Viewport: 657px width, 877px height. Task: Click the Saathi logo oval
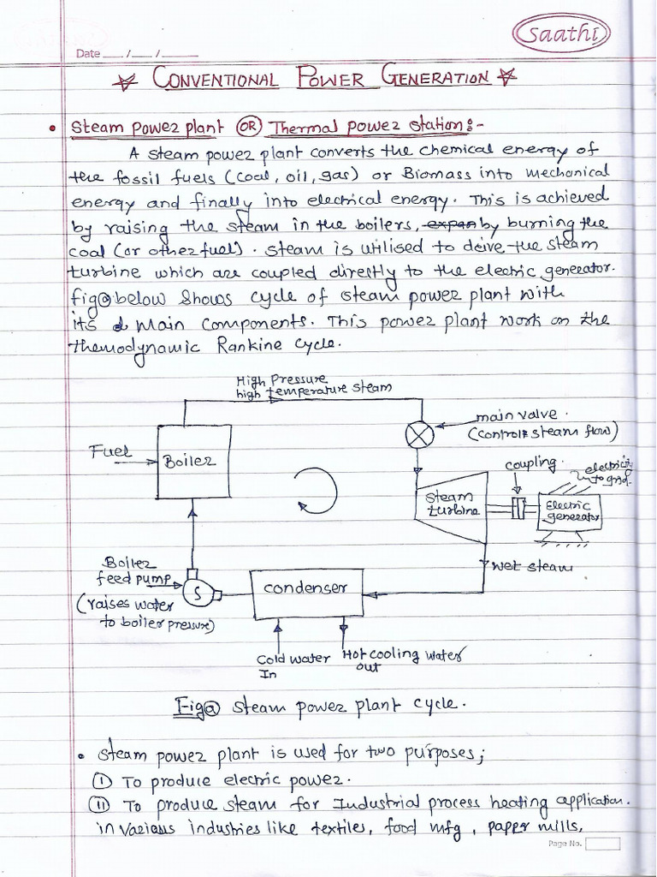tap(561, 34)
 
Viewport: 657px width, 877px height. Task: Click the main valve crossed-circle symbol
tap(419, 435)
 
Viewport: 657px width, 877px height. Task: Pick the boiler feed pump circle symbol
tap(196, 592)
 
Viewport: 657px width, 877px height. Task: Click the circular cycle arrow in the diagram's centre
tap(316, 492)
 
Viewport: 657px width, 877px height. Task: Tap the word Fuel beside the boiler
tap(110, 450)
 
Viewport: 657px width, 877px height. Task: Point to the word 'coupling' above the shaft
tap(530, 463)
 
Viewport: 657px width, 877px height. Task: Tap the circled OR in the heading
tap(248, 128)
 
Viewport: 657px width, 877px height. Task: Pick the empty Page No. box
tap(602, 844)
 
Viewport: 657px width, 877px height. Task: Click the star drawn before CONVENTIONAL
tap(127, 81)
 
